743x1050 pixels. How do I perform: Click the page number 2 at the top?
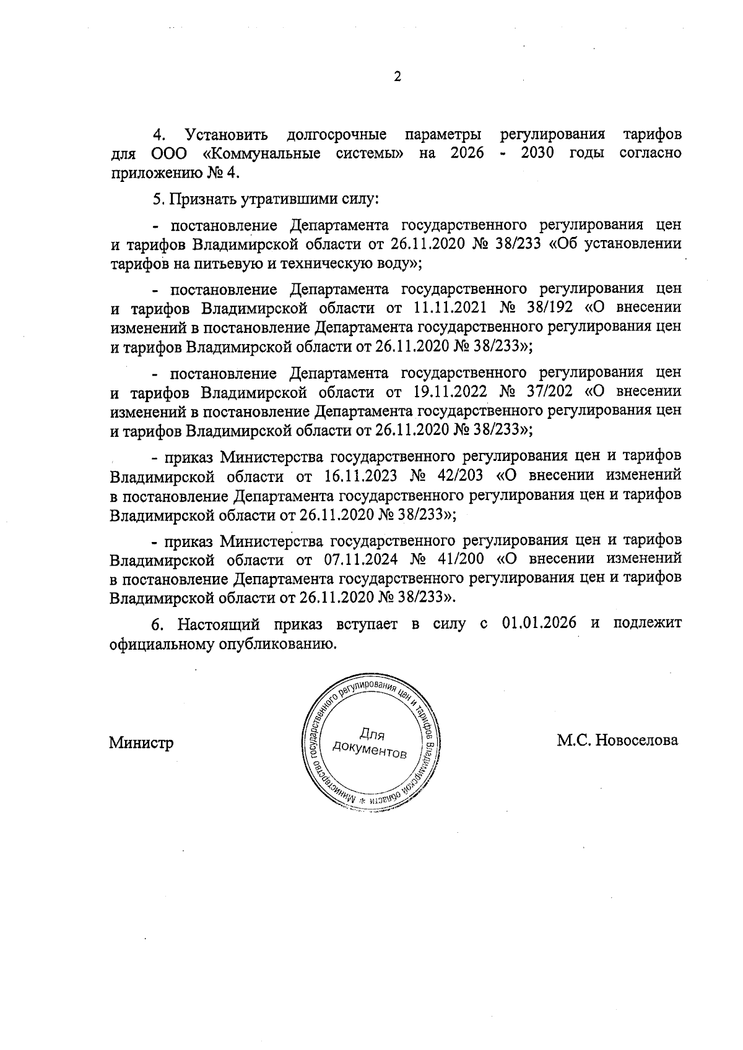pyautogui.click(x=398, y=77)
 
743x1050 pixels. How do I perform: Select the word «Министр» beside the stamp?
pyautogui.click(x=141, y=742)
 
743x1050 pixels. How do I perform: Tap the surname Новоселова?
pyautogui.click(x=636, y=740)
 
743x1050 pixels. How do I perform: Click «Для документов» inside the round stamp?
pyautogui.click(x=370, y=743)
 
